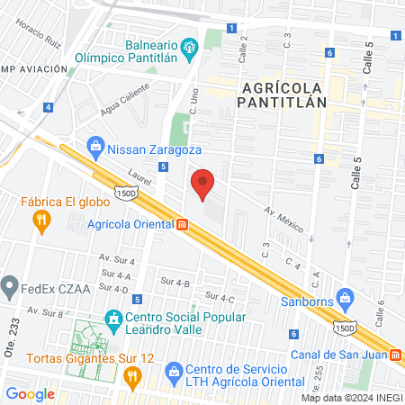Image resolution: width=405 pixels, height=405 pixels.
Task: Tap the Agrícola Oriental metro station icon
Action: tap(182, 225)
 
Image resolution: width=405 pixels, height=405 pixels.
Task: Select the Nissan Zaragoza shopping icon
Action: tap(95, 145)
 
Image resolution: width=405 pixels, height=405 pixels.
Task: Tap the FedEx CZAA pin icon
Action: tap(10, 289)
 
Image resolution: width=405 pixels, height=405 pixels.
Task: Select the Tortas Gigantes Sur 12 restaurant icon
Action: tap(131, 378)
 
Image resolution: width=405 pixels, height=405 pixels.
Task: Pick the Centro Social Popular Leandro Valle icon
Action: tap(113, 318)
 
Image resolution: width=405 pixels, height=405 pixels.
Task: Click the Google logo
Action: tap(30, 393)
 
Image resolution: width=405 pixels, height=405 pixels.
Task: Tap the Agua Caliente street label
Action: tap(123, 112)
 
